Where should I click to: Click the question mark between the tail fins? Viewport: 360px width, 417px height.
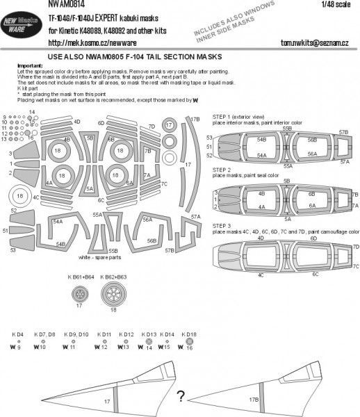(x=179, y=397)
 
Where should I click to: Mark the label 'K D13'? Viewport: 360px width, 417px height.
(x=147, y=335)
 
